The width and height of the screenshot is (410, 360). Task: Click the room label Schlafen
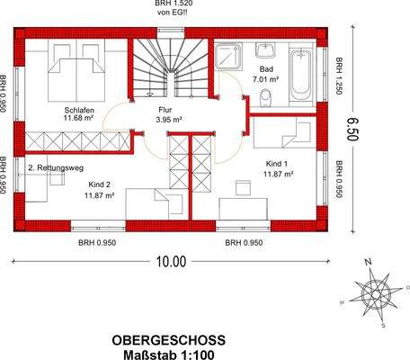pyautogui.click(x=79, y=107)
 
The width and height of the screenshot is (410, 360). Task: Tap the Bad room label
pyautogui.click(x=267, y=69)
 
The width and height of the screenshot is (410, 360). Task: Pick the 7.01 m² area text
pyautogui.click(x=267, y=79)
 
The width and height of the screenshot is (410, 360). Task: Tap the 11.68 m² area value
pyautogui.click(x=79, y=117)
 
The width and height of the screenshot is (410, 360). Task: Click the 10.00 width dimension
pyautogui.click(x=170, y=262)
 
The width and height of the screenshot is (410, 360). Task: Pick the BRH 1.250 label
pyautogui.click(x=340, y=78)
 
